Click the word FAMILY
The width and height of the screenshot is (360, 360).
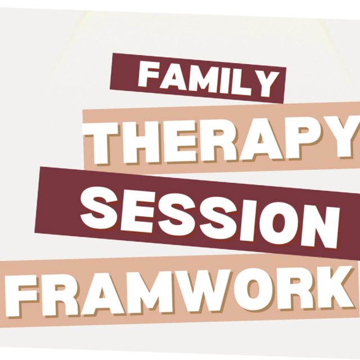(208, 79)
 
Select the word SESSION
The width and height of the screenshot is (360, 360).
(210, 218)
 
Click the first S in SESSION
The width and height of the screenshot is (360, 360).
(99, 208)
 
